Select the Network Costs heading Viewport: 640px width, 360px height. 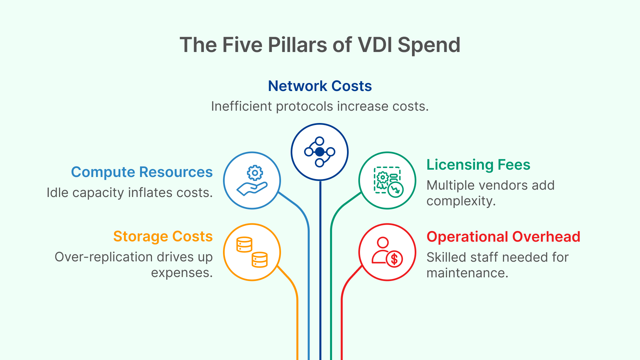point(320,86)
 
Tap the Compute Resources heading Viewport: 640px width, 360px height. point(142,172)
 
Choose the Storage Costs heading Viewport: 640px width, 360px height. point(163,236)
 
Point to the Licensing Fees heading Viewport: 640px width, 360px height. point(478,165)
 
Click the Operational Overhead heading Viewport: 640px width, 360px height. point(503,237)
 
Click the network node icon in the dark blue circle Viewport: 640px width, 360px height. point(320,152)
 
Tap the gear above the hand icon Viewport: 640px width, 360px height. point(255,173)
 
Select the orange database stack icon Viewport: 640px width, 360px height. point(252,252)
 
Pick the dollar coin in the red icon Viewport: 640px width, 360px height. point(394,259)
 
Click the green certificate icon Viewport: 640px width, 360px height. point(387,181)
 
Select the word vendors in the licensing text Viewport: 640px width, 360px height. point(501,185)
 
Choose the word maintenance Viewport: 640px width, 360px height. point(467,273)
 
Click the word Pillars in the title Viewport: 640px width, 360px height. point(298,45)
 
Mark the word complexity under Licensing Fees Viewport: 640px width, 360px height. point(461,201)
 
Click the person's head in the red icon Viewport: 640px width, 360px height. point(383,242)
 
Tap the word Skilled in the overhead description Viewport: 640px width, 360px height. point(446,257)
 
